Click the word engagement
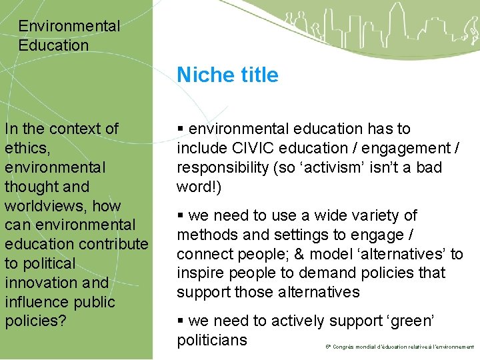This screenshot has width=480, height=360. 406,148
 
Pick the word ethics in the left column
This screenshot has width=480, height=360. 27,148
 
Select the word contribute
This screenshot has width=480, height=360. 115,244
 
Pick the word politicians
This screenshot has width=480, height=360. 212,340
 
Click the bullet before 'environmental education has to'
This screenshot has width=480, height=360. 181,129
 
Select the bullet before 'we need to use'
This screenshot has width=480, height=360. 181,216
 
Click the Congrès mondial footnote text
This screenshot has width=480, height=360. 400,347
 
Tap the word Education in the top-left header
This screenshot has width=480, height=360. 53,45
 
